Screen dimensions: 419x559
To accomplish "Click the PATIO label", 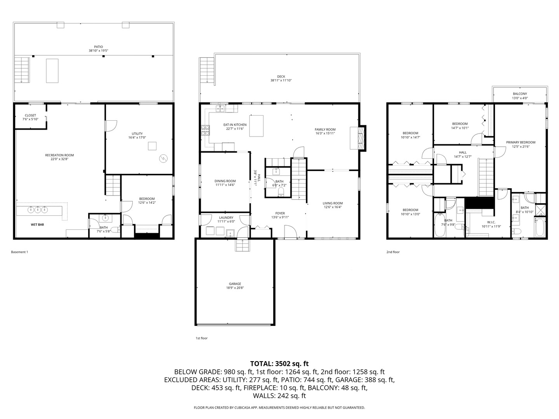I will point(93,47).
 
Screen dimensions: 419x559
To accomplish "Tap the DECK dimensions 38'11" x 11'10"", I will point(281,81).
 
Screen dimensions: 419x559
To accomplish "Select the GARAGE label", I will point(235,284).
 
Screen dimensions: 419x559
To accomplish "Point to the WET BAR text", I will point(37,225).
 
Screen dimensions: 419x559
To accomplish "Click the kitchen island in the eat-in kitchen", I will point(256,126).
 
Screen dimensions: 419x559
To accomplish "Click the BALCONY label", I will point(520,94).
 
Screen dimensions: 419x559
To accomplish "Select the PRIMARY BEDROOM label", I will point(521,142).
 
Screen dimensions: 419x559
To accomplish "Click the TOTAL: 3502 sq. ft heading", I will point(279,364).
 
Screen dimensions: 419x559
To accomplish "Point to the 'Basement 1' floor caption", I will point(19,252).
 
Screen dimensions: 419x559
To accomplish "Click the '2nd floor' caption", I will point(393,252).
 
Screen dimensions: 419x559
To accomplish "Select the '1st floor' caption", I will point(201,338).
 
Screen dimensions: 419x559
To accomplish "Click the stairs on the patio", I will point(22,69).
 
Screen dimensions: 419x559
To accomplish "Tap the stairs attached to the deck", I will point(207,70).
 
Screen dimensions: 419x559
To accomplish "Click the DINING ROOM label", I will point(225,181).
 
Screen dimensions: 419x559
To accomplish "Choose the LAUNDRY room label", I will point(226,218).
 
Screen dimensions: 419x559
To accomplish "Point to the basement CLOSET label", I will point(30,115).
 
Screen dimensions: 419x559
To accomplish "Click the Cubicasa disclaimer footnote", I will point(279,408).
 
